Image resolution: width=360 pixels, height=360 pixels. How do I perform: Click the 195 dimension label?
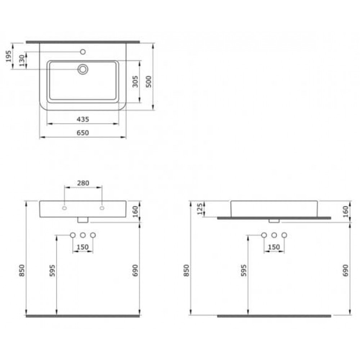pyautogui.click(x=9, y=56)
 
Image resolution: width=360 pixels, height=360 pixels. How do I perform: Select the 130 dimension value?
pyautogui.click(x=22, y=60)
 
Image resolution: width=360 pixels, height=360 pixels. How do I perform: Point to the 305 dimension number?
pyautogui.click(x=135, y=81)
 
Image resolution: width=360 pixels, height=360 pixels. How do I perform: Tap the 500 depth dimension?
pyautogui.click(x=149, y=81)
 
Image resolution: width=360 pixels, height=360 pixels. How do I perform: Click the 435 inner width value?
pyautogui.click(x=83, y=119)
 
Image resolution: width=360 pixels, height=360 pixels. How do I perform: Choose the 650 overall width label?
pyautogui.click(x=83, y=133)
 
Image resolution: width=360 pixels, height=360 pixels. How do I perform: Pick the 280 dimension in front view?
pyautogui.click(x=83, y=183)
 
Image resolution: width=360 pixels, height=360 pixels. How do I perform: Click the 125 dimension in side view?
pyautogui.click(x=200, y=208)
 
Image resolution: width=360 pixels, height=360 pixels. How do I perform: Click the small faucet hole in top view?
pyautogui.click(x=83, y=52)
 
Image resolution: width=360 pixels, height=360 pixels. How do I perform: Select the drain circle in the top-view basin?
pyautogui.click(x=83, y=69)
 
